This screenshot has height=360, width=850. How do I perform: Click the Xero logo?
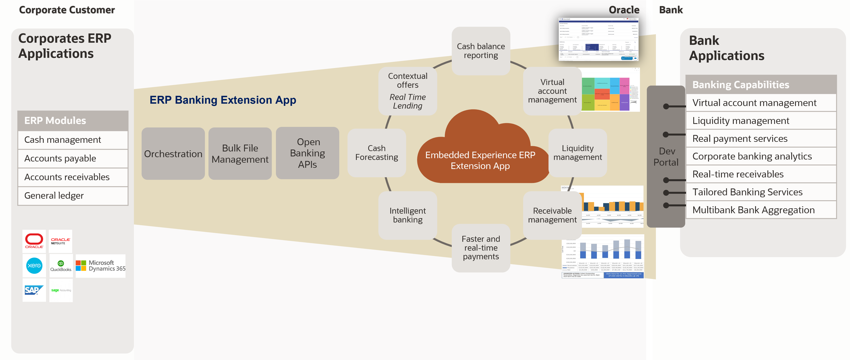point(34,265)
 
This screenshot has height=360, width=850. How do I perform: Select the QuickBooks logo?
point(61,266)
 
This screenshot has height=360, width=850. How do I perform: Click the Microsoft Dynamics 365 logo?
point(101,266)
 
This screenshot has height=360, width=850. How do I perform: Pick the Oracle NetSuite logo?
point(60,241)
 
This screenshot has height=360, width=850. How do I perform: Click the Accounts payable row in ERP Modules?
point(73,158)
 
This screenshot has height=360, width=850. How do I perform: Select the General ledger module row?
point(73,196)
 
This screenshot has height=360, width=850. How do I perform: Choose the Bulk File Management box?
point(240,154)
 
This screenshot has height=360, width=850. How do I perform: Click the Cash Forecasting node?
point(376,153)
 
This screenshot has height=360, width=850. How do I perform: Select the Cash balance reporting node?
point(481,51)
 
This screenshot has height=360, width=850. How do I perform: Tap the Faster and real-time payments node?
point(481,248)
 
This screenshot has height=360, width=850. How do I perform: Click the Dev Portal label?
point(666,157)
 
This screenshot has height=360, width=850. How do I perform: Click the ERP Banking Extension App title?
point(223,100)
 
